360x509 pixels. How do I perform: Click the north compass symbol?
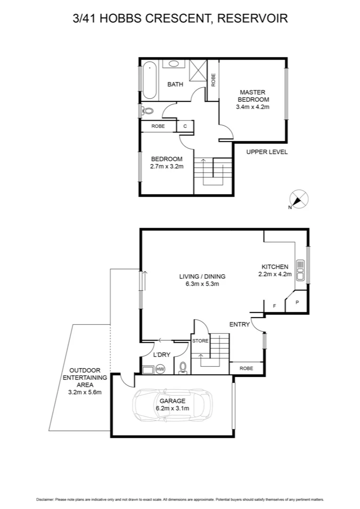click(298, 199)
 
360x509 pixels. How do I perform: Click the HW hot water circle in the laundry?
click(160, 369)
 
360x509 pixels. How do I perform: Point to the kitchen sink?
click(300, 271)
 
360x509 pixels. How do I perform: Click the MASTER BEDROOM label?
click(253, 96)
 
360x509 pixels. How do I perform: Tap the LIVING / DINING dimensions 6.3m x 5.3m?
click(202, 284)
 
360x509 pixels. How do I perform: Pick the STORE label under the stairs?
click(200, 341)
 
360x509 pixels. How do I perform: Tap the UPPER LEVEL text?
click(267, 152)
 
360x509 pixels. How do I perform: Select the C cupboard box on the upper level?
click(185, 126)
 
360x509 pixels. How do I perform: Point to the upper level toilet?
click(147, 111)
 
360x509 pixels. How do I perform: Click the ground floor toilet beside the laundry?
click(183, 368)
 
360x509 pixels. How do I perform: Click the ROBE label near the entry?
click(245, 368)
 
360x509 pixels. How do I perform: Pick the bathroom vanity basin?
click(173, 64)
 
